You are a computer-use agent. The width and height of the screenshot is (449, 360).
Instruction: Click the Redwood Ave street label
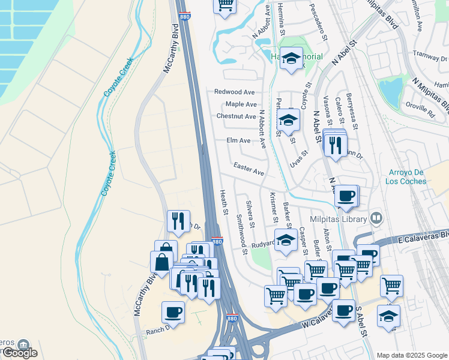coord(235,92)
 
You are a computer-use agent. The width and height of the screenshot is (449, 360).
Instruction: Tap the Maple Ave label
coord(241,104)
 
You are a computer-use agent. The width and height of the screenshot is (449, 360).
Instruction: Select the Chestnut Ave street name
coord(237,116)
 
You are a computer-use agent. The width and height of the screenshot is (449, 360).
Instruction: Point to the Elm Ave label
coord(238,140)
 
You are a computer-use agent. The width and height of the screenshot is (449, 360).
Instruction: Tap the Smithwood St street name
coord(241,234)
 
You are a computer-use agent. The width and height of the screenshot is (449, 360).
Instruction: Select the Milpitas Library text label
coord(338,220)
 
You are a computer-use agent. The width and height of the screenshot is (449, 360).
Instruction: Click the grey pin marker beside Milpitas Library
coord(376,218)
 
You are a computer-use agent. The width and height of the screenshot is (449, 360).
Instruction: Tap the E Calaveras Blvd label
coord(423,238)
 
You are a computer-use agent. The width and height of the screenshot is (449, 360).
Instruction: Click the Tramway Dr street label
coord(433,58)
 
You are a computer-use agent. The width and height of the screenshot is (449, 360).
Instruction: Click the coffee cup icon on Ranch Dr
coord(173,312)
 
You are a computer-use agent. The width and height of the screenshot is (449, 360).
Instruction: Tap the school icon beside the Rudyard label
coord(286,240)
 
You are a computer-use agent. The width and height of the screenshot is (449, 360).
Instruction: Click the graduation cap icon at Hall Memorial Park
coord(292,58)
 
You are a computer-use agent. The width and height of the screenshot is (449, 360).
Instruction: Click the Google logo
coord(19,353)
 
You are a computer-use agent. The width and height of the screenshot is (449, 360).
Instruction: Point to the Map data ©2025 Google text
coord(411,355)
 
